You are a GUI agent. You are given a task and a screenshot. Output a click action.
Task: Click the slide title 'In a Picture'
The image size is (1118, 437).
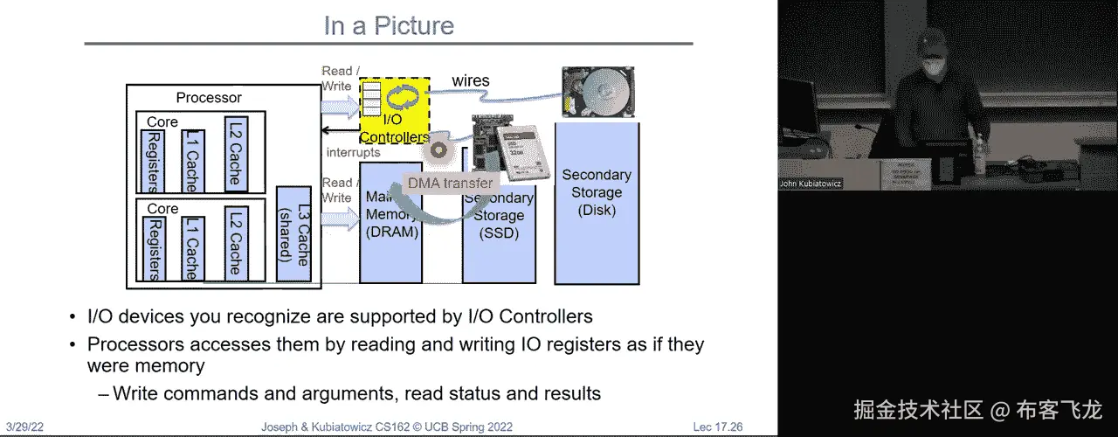[x=389, y=25]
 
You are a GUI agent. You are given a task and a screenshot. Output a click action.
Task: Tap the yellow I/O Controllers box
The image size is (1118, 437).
[x=394, y=110]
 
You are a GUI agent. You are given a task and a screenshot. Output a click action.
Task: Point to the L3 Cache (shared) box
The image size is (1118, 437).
[x=293, y=234]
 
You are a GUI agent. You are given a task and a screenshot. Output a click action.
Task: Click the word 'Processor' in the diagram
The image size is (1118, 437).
[x=209, y=98]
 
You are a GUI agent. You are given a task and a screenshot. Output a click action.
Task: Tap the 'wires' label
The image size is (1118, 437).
[x=470, y=81]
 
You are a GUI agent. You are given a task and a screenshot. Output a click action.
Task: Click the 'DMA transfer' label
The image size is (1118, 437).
[x=450, y=184]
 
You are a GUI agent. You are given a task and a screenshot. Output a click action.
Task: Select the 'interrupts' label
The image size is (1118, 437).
[x=353, y=152]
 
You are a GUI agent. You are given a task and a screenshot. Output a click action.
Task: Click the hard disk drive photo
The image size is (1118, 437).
[x=598, y=91]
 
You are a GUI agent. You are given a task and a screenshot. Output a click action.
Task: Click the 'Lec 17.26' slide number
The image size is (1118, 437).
[x=717, y=427]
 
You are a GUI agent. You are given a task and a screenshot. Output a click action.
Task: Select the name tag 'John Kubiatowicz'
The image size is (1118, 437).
[x=810, y=184]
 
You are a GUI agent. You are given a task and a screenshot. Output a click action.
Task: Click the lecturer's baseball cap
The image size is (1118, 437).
[x=934, y=40]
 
